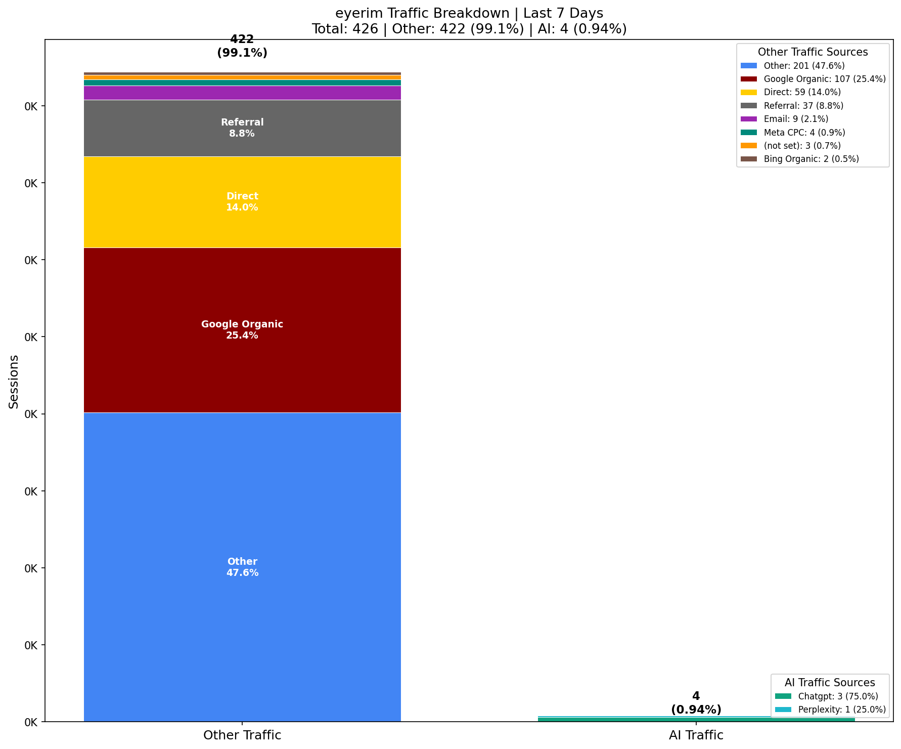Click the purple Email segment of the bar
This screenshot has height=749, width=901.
(242, 93)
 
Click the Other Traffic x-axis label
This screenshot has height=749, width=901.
(242, 735)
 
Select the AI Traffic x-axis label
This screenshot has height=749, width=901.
(696, 735)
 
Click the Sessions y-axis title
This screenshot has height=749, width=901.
(14, 382)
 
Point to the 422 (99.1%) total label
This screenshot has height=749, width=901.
(242, 46)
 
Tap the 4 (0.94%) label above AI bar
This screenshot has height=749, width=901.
(696, 703)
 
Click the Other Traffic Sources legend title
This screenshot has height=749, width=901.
(813, 52)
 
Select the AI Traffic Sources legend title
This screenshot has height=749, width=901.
(830, 683)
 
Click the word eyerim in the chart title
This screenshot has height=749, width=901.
(356, 14)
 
